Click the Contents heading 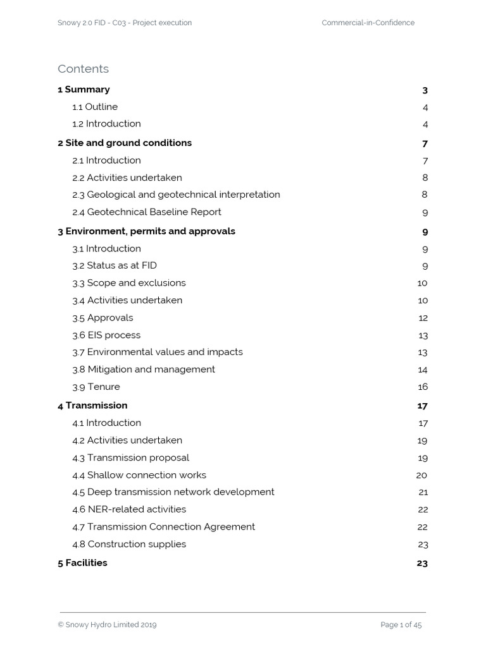(x=83, y=69)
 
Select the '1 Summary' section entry (x=84, y=90)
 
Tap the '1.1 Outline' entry (x=95, y=107)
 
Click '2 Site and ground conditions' (x=125, y=143)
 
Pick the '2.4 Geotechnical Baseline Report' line (x=147, y=212)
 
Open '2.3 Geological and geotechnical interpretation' (x=176, y=195)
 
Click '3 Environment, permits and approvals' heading (x=146, y=231)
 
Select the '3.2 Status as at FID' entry (x=115, y=265)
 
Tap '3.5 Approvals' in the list (x=103, y=318)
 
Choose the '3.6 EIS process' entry (x=106, y=335)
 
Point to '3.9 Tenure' (x=96, y=387)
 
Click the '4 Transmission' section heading (x=92, y=406)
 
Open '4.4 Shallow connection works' (x=139, y=475)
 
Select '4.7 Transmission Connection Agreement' (x=163, y=527)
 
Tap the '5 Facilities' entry (x=82, y=563)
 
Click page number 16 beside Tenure (x=423, y=387)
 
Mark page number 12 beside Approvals (x=423, y=318)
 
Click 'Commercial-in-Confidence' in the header (x=368, y=23)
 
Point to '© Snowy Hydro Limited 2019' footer (x=107, y=625)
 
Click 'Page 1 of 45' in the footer (x=401, y=625)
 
